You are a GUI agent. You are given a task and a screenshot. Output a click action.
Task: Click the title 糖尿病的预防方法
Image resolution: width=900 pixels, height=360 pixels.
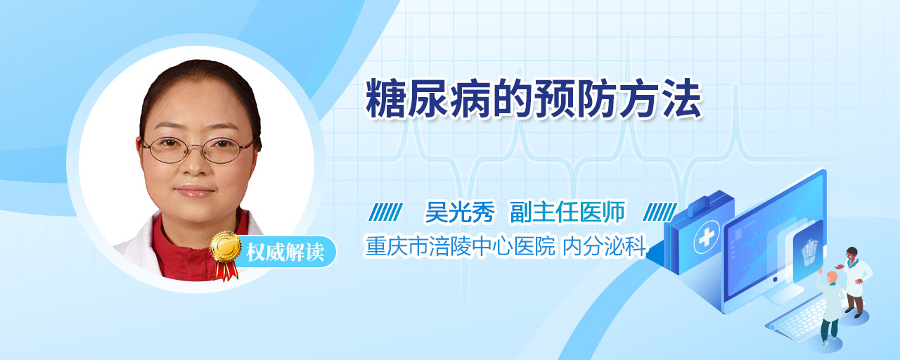534,99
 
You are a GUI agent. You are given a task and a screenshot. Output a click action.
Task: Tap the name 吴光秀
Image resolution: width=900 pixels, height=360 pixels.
460,212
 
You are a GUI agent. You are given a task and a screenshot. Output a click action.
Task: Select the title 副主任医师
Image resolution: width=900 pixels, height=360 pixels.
567,212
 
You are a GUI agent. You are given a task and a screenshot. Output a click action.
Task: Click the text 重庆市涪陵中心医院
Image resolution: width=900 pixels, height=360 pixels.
460,246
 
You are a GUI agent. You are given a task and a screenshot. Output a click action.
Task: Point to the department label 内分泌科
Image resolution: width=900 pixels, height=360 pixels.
604,246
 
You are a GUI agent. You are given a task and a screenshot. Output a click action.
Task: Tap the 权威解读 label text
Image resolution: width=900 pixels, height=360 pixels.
285,252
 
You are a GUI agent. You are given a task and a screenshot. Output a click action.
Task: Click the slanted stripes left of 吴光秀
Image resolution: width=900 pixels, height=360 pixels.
385,212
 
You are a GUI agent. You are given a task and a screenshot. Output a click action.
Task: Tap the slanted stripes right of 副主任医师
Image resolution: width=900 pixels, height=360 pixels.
660,212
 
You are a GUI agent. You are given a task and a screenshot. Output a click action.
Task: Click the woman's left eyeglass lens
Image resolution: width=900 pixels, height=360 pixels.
168,150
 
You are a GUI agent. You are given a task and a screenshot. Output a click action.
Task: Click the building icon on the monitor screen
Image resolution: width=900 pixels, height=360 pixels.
809,252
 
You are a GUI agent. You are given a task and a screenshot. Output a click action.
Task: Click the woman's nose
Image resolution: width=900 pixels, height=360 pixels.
195,162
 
